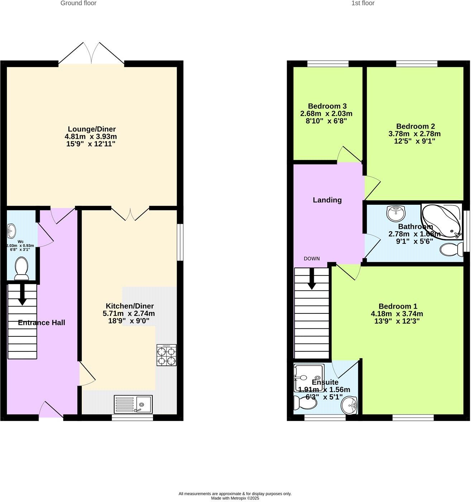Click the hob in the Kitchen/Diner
167,355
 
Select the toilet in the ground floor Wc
21,269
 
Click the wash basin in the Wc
11,229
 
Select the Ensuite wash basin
349,406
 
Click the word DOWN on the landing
311,259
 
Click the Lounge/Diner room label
92,129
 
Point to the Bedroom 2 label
415,126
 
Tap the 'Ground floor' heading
78,3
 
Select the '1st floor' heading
363,3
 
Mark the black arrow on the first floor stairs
311,279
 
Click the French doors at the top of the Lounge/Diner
92,54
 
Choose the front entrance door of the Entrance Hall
51,411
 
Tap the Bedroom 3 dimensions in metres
326,114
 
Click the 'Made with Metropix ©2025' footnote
235,498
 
